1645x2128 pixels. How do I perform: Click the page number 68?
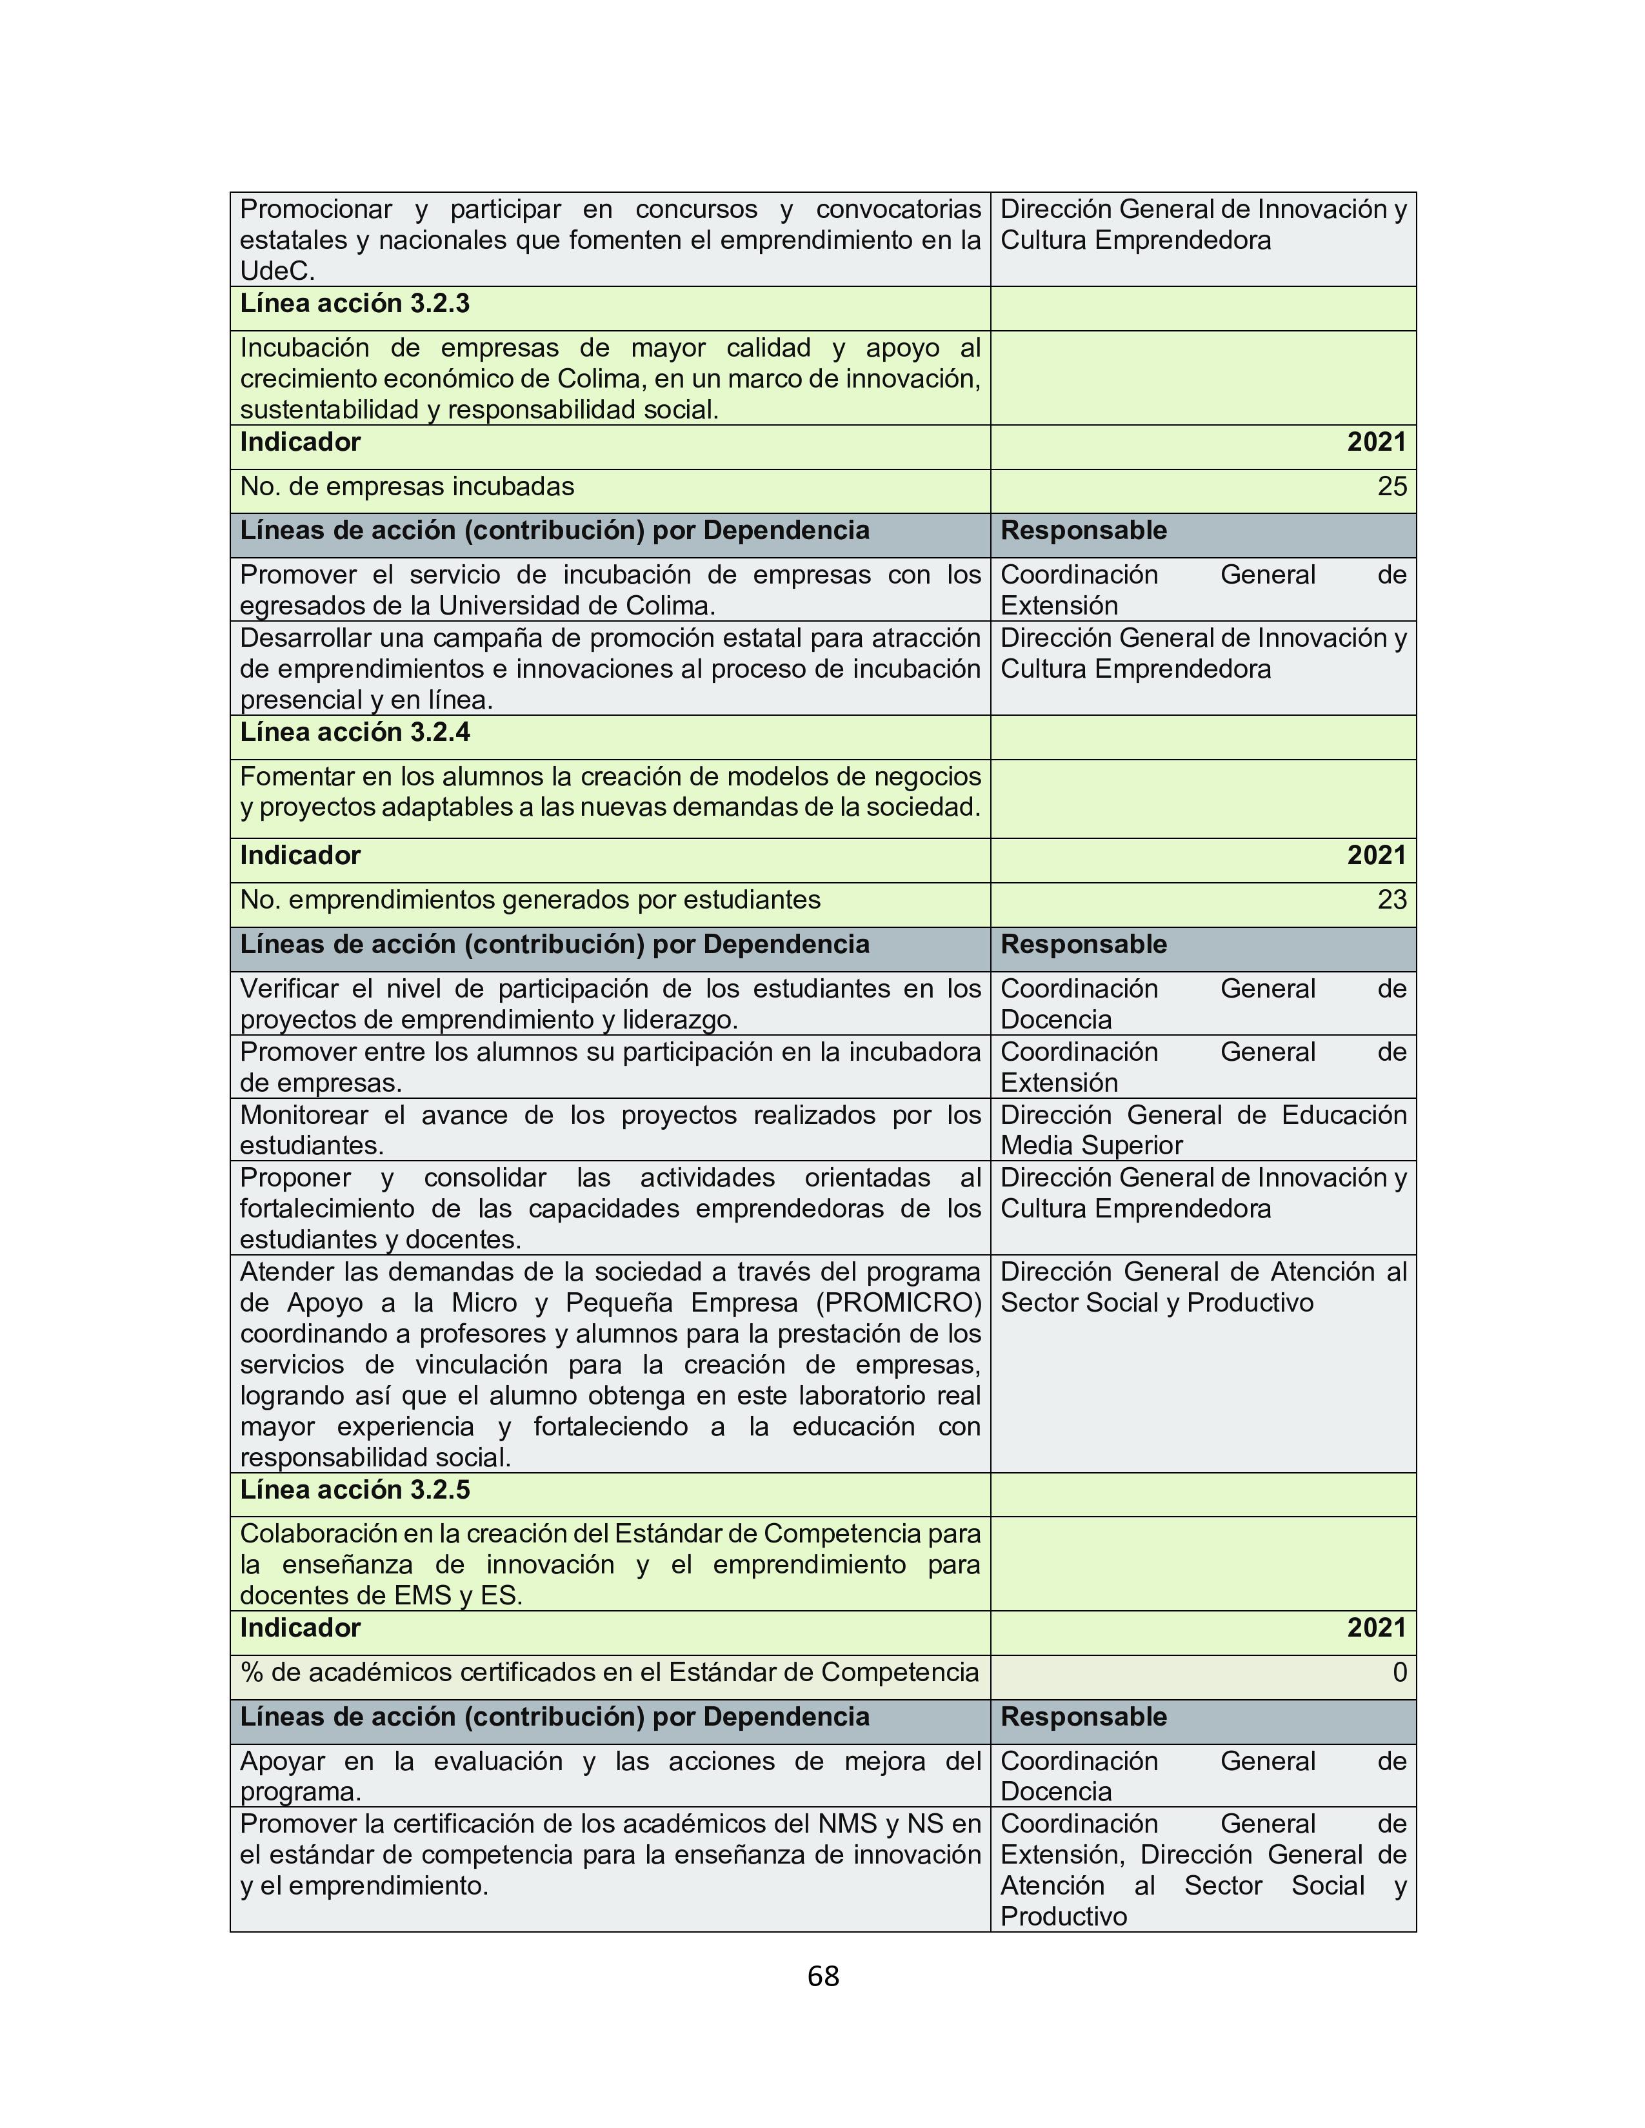pos(822,1976)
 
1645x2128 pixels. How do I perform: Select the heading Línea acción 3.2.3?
pos(355,304)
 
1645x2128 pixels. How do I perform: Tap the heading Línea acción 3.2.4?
pos(355,733)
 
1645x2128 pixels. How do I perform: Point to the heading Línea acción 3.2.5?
pos(355,1490)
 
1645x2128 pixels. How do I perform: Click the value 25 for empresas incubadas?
pos(1391,487)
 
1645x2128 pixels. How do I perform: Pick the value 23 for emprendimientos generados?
pos(1391,900)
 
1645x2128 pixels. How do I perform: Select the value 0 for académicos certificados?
pos(1399,1673)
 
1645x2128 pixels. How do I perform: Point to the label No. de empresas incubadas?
pos(407,487)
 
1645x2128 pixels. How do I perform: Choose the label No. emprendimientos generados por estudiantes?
pos(530,900)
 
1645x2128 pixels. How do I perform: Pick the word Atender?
pos(282,1272)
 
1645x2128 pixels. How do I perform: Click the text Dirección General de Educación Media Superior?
pos(1202,1130)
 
